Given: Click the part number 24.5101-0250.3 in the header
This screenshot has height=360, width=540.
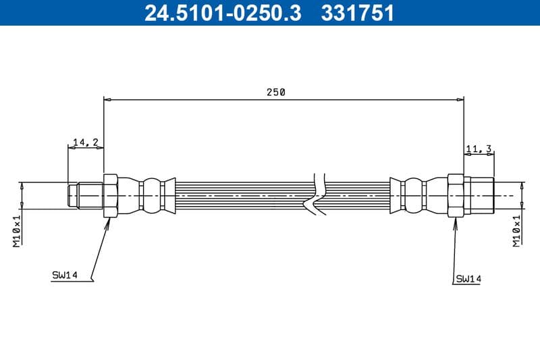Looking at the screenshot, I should click(223, 12).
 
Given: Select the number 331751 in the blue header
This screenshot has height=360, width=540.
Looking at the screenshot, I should click(360, 12).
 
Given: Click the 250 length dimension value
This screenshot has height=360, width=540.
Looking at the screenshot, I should click(275, 93).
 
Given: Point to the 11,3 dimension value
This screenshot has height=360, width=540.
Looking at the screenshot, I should click(479, 149).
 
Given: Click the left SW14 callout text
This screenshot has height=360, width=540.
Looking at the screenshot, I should click(65, 275).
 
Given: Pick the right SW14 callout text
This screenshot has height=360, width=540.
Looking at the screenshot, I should click(468, 278).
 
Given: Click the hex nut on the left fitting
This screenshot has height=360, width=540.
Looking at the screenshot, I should click(111, 195).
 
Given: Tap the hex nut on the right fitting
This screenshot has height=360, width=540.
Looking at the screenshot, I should click(456, 195).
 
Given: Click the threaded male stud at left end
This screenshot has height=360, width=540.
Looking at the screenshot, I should click(85, 195).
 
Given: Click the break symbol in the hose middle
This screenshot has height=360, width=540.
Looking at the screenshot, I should click(316, 195).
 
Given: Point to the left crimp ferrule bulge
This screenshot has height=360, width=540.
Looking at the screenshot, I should click(151, 195).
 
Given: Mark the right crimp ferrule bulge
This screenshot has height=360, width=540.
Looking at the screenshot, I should click(414, 195).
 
